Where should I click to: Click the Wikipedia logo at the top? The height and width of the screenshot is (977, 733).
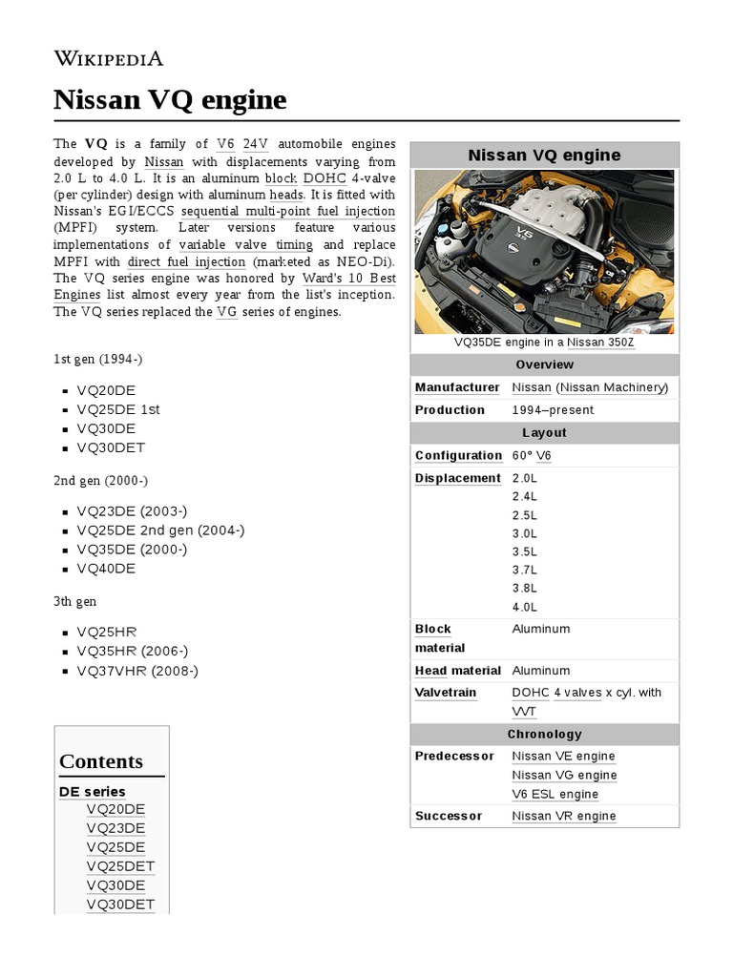pos(108,58)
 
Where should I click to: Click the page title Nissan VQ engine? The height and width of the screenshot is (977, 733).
pos(170,99)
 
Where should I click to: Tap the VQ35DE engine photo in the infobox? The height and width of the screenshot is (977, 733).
pos(544,251)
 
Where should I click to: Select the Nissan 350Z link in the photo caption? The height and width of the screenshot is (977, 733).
pos(600,343)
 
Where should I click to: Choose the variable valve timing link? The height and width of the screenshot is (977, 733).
pos(245,244)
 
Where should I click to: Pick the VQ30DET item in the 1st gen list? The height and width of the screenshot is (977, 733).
pos(111,447)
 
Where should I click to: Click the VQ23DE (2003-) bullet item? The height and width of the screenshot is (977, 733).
pos(132,511)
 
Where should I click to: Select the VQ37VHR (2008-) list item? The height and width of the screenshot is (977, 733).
pos(137,671)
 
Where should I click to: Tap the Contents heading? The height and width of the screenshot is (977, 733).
pos(101,761)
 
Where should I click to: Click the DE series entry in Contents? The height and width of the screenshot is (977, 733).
pos(92,791)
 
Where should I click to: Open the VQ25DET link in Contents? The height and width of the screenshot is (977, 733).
pos(120,866)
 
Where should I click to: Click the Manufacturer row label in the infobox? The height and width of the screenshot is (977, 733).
pos(457,387)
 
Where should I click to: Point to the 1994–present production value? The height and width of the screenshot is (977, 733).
pos(553,410)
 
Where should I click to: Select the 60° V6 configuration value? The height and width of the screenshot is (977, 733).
pos(531,456)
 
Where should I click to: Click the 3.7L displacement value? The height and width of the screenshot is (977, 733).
pos(524,570)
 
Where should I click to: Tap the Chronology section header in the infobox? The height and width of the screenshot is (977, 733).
pos(544,735)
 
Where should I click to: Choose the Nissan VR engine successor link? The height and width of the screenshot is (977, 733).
pos(563,817)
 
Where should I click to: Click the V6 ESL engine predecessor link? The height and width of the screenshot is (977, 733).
pos(555,794)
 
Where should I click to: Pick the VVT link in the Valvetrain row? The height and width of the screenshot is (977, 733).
pos(524,712)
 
